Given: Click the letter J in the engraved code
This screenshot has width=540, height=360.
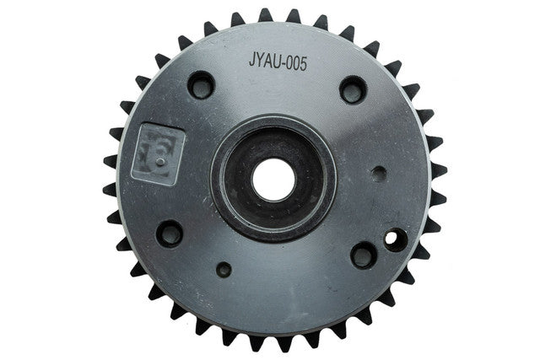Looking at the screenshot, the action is pyautogui.click(x=251, y=60).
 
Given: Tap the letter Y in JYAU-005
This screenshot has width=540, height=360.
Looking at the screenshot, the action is pyautogui.click(x=259, y=61).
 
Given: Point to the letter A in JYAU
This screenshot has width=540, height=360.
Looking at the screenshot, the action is pyautogui.click(x=268, y=62).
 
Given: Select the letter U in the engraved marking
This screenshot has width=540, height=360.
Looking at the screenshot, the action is pyautogui.click(x=277, y=62).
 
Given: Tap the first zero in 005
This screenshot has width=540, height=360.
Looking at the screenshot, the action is pyautogui.click(x=289, y=63).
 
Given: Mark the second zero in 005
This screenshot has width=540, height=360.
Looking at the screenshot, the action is pyautogui.click(x=296, y=64).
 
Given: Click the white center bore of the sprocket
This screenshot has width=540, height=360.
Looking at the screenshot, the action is pyautogui.click(x=273, y=180).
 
